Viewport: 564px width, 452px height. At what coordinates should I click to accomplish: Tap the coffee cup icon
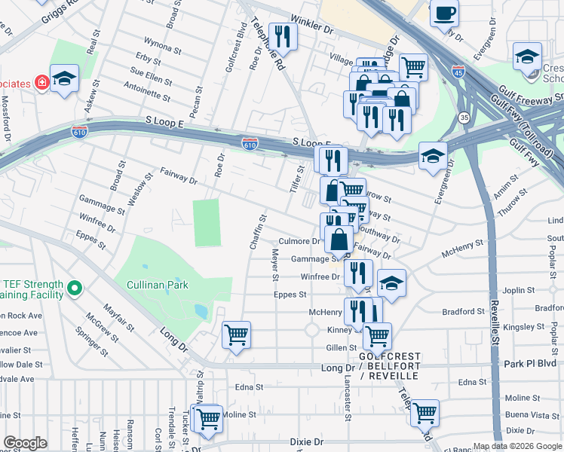point(445,13)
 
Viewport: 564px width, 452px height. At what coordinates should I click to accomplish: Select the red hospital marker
point(41,81)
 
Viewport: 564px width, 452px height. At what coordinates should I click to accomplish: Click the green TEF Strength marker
point(74,288)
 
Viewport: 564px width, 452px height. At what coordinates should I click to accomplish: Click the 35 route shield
point(464,118)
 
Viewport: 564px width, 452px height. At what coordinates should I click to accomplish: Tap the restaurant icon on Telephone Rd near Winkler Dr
point(284,35)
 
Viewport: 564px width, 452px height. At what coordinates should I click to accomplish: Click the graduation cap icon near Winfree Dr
point(391,283)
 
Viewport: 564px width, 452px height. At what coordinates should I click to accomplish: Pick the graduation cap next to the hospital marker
point(65,79)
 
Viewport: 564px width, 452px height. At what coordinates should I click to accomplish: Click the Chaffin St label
point(258,233)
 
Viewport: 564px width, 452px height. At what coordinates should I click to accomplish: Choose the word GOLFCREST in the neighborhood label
point(389,356)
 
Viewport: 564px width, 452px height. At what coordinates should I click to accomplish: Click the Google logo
point(25,443)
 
